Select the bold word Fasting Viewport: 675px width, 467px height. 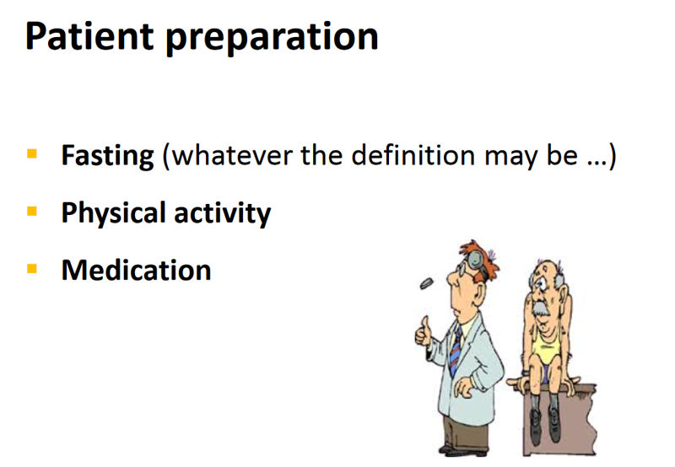pyautogui.click(x=107, y=156)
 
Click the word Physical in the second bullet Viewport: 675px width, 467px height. pyautogui.click(x=111, y=213)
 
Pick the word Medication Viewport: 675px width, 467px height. pyautogui.click(x=136, y=270)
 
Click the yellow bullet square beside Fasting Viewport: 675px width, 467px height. pyautogui.click(x=32, y=155)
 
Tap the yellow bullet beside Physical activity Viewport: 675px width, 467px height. pyautogui.click(x=32, y=212)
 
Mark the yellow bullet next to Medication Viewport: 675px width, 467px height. pyautogui.click(x=32, y=269)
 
